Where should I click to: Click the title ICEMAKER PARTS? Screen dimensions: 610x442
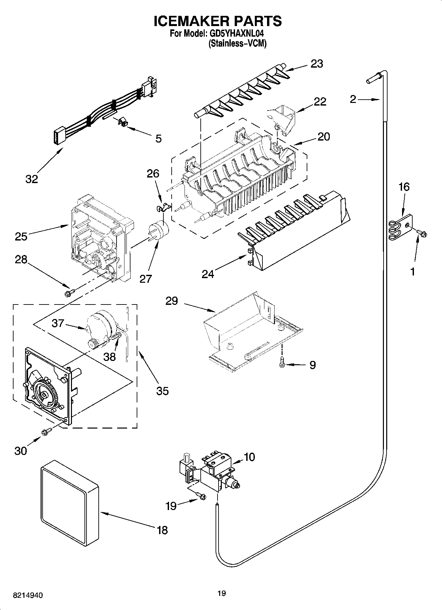point(218,21)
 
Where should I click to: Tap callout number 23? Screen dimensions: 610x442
point(317,64)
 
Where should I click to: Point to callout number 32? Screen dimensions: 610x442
point(32,179)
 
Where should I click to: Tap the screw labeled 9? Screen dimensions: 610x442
point(282,362)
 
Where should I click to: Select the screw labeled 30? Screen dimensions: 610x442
point(46,431)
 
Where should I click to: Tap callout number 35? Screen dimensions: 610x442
point(163,391)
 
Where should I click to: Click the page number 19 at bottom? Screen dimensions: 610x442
point(221,594)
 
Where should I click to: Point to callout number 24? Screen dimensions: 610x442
point(208,274)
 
